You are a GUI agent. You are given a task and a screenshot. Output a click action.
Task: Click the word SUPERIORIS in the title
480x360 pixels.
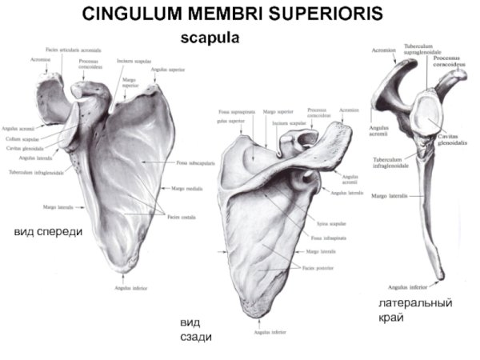(317, 14)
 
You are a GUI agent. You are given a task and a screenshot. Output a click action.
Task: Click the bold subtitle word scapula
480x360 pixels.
(210, 37)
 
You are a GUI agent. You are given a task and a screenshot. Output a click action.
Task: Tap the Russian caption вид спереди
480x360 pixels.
(48, 232)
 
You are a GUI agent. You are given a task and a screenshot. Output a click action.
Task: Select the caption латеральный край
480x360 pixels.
(415, 310)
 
